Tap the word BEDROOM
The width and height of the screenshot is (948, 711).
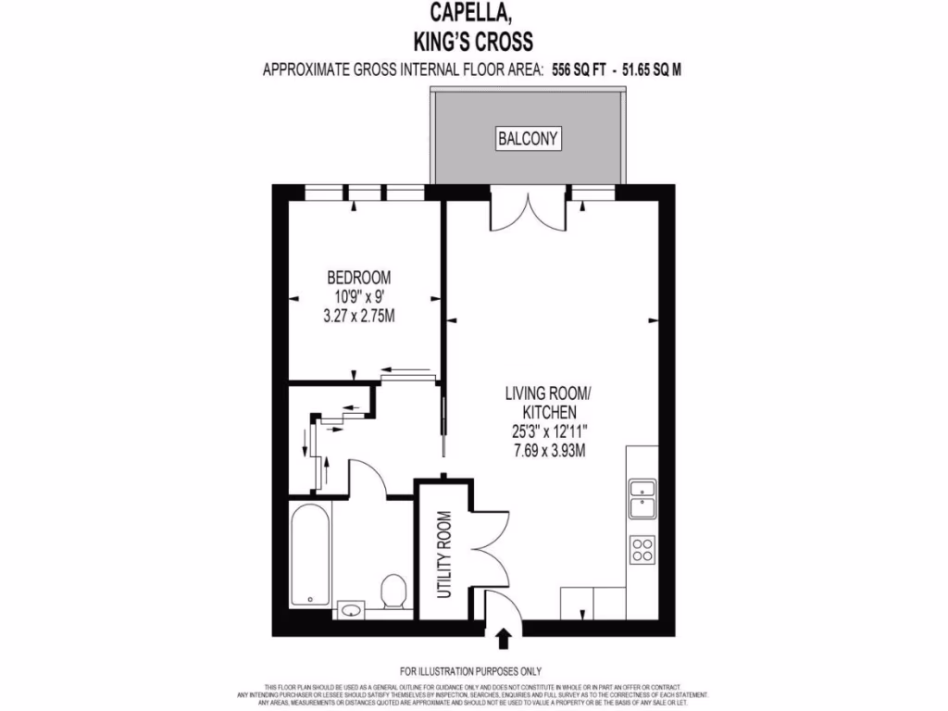click(358, 278)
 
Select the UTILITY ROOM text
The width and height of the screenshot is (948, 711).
click(443, 554)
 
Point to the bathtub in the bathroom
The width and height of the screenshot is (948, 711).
click(307, 555)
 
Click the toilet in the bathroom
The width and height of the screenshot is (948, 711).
click(393, 591)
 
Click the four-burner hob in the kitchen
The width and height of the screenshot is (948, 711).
click(642, 550)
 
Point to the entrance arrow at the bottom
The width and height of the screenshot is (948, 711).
click(505, 638)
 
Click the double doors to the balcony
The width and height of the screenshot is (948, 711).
click(527, 211)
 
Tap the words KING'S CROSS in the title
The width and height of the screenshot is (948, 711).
click(475, 42)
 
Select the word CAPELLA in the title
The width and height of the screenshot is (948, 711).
click(475, 13)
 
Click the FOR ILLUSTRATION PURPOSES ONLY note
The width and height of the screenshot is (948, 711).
click(471, 671)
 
